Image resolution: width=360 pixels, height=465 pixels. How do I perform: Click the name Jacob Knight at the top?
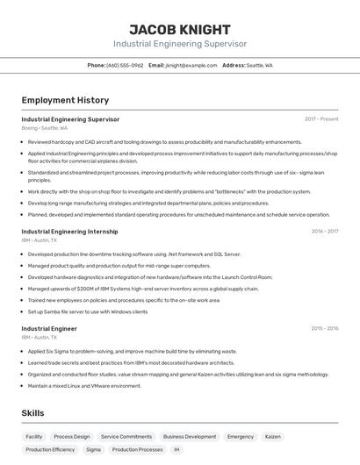179,29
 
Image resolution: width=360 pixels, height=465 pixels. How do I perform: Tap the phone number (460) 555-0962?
125,65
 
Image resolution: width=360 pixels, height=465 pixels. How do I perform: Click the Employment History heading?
65,100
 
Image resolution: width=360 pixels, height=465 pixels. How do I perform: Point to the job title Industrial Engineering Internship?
69,232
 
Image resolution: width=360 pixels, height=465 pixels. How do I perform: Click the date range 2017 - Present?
321,119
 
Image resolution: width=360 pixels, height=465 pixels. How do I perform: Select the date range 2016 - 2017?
325,232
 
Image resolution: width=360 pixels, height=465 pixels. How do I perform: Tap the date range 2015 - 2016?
325,329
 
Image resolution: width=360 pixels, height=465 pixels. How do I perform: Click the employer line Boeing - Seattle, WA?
44,128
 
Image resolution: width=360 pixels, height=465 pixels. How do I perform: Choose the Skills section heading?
34,413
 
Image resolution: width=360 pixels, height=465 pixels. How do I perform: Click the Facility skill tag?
34,436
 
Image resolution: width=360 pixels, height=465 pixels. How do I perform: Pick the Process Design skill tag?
72,436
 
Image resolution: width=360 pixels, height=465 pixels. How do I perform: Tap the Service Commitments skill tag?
126,436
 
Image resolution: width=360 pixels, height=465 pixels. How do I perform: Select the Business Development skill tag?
190,436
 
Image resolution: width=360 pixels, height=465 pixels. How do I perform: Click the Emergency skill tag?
241,436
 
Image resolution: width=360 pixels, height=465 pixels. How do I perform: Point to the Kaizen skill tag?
273,436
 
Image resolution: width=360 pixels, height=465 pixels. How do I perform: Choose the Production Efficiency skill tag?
50,449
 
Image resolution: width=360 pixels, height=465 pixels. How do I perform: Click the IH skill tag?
176,449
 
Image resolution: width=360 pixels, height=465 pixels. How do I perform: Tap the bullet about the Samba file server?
87,311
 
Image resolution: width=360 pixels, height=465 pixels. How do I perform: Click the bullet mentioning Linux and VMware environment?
84,385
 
